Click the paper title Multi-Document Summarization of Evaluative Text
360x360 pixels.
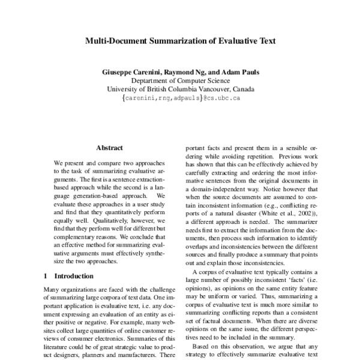[180, 42]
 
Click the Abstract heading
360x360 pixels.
[109, 148]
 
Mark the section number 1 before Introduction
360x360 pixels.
[46, 276]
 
